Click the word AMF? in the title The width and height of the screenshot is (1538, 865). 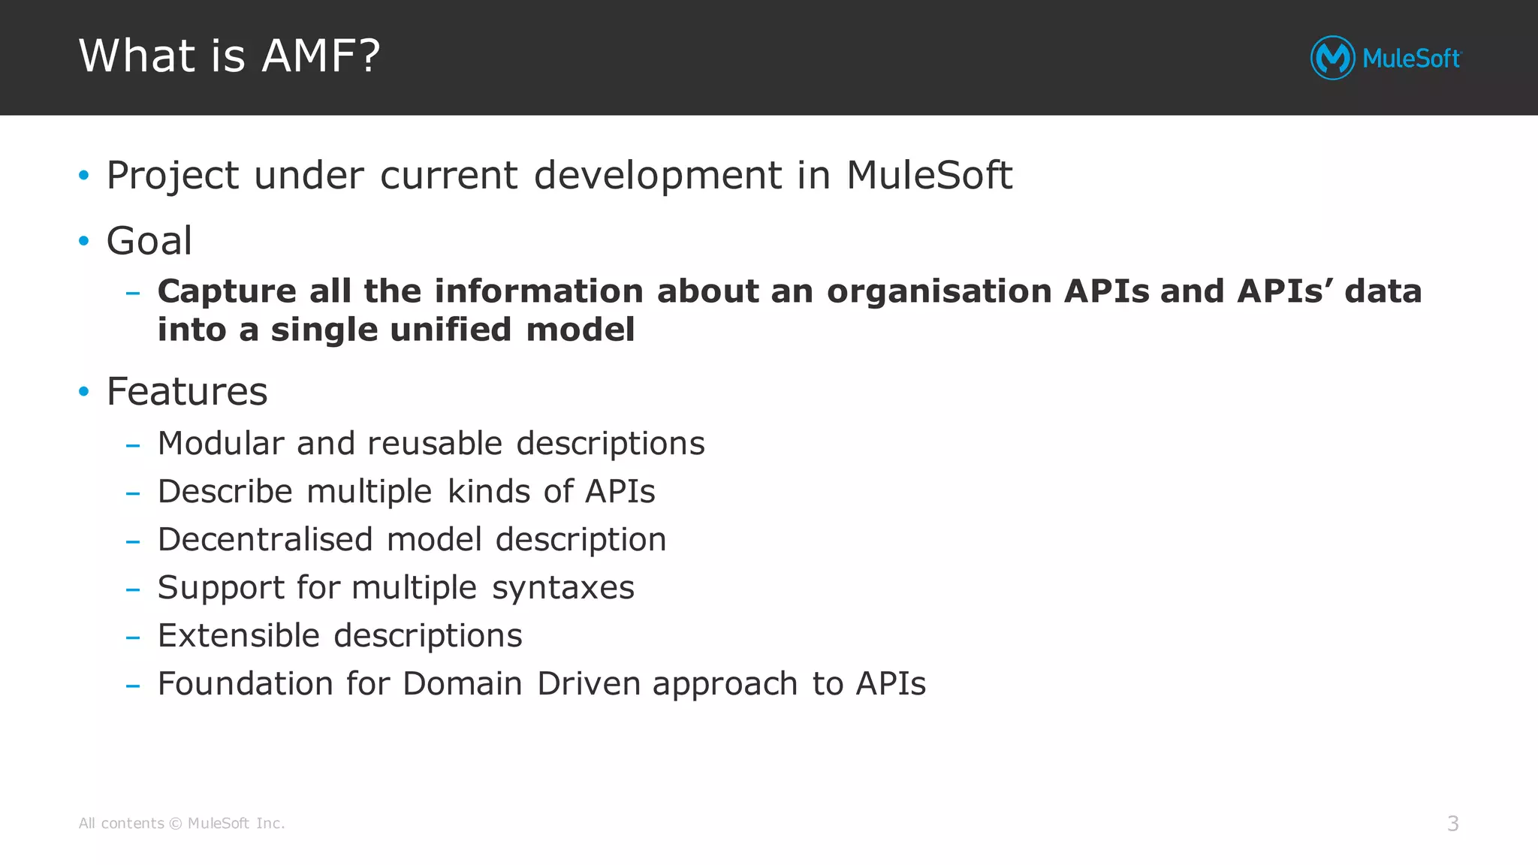(321, 56)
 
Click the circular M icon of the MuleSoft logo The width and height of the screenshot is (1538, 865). (1332, 58)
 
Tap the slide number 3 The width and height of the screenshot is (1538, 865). (1452, 824)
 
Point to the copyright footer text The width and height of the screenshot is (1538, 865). (182, 824)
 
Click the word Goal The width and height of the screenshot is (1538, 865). (149, 241)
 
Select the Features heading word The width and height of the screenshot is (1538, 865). (187, 391)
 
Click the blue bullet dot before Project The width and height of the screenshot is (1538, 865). (84, 176)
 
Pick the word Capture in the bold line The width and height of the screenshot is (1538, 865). (227, 291)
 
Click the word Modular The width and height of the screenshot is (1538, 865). (221, 443)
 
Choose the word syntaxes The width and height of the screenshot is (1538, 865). (563, 587)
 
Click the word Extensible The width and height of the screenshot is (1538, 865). (239, 635)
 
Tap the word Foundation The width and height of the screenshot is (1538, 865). (245, 683)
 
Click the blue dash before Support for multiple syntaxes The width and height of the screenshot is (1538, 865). (133, 589)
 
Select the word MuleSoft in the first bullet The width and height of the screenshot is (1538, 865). (929, 176)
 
